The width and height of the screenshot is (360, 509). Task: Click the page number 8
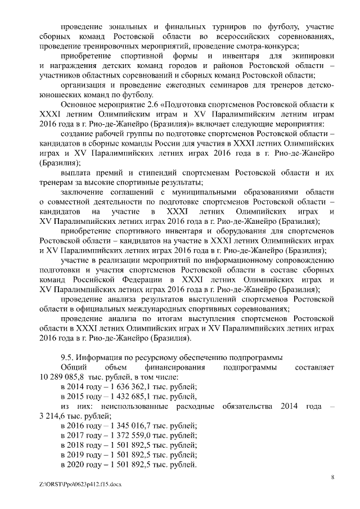coord(333,478)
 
